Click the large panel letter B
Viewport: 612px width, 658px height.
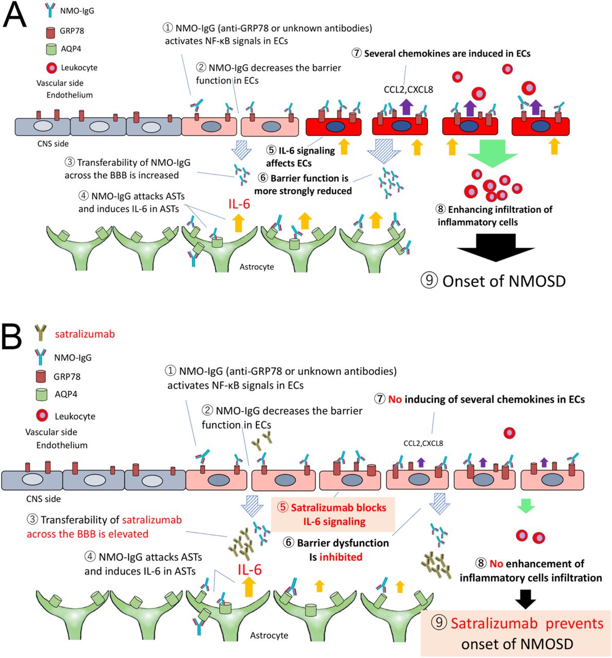click(x=12, y=336)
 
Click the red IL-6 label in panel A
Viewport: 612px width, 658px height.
click(x=239, y=204)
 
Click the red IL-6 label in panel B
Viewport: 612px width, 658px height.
click(x=250, y=570)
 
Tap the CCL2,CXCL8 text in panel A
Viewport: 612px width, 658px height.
click(x=408, y=89)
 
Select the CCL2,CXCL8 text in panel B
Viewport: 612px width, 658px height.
click(x=423, y=443)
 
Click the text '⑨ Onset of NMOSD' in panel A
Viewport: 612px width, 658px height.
click(x=493, y=281)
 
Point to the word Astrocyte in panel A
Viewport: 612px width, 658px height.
click(x=256, y=267)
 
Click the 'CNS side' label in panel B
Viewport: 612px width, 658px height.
click(x=43, y=499)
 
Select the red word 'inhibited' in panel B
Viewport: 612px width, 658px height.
click(x=341, y=557)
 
